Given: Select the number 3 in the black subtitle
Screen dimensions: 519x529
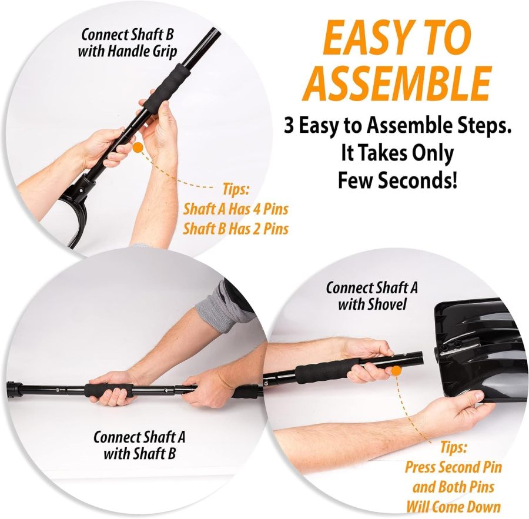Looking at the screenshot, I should pyautogui.click(x=289, y=126).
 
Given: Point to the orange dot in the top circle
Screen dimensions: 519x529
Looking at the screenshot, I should pyautogui.click(x=138, y=148).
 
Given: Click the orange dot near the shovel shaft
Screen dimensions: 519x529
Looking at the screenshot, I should pyautogui.click(x=396, y=371).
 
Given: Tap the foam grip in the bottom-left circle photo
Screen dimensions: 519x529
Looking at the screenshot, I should pyautogui.click(x=109, y=391).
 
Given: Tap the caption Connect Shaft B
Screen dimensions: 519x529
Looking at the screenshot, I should pyautogui.click(x=128, y=34).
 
